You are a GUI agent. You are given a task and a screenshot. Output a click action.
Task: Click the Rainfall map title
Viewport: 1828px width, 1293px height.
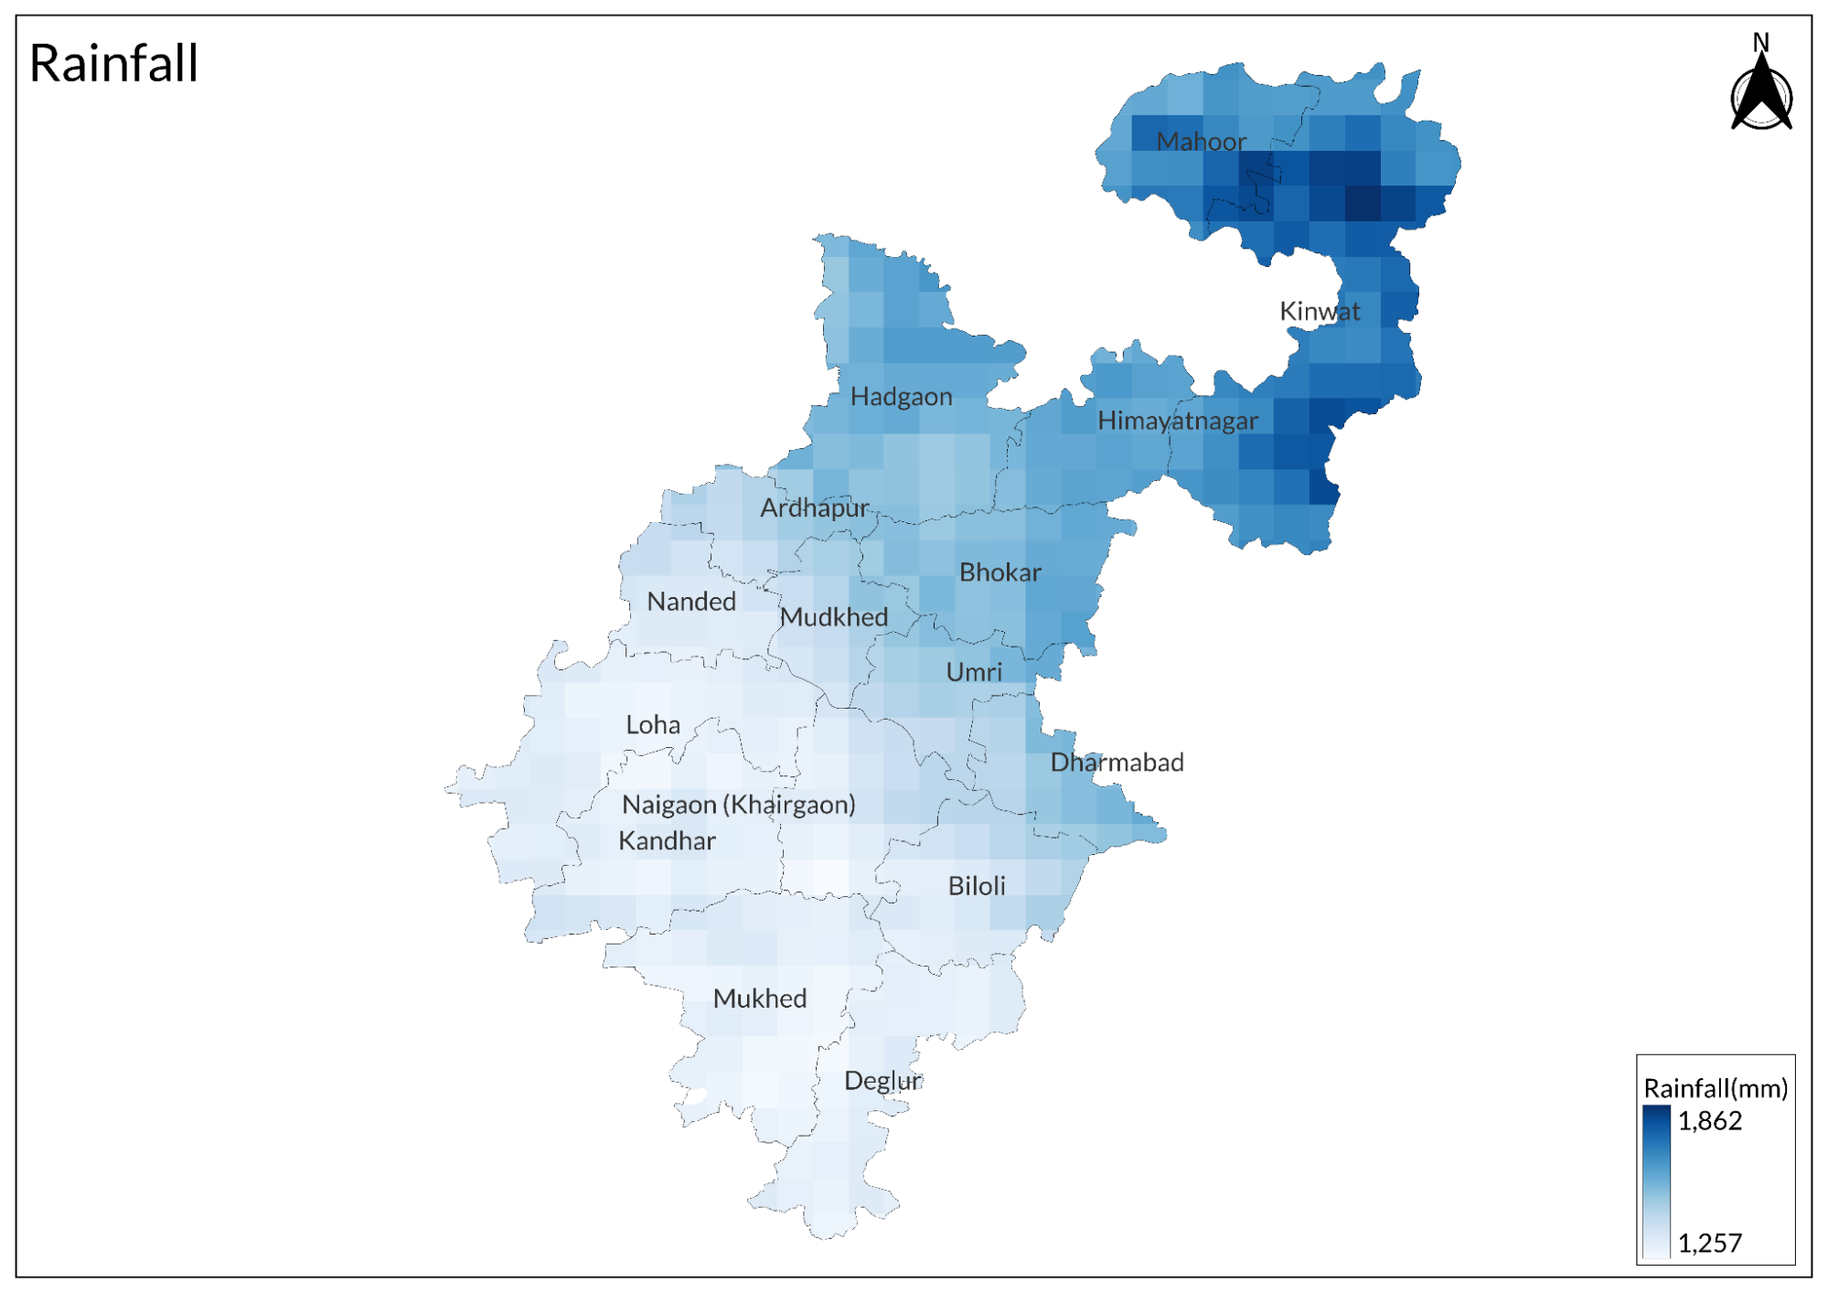pos(113,63)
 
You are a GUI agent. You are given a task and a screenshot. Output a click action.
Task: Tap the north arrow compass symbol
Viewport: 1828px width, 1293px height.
pos(1761,91)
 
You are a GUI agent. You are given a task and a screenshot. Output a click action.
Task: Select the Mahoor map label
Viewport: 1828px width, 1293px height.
pos(1201,142)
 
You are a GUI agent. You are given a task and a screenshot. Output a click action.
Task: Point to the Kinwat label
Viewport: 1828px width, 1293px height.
pos(1319,311)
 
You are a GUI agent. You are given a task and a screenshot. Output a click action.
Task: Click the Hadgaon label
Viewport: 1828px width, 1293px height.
pos(901,397)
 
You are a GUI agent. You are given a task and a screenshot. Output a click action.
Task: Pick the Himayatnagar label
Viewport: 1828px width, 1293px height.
pos(1177,421)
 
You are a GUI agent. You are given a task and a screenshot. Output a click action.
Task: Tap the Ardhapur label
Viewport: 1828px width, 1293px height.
pos(814,508)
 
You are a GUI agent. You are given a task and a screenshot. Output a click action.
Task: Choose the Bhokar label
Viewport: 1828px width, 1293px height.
pos(1000,572)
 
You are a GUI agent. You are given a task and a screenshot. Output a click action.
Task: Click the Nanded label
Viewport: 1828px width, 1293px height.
pos(690,602)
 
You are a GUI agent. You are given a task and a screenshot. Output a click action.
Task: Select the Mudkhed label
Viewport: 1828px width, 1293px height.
pos(833,617)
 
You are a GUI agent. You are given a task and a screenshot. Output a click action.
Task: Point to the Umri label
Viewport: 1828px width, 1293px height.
pos(973,672)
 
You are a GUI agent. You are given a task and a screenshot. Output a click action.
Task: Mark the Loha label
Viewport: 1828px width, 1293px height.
pos(652,725)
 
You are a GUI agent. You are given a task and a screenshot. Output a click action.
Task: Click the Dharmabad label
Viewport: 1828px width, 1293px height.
pos(1116,763)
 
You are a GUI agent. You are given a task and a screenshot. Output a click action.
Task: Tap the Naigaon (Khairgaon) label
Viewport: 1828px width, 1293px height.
pos(738,805)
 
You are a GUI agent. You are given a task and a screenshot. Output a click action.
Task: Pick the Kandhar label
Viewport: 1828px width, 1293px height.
pos(666,841)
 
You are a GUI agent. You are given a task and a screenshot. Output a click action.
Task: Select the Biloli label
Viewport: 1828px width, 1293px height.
pos(976,886)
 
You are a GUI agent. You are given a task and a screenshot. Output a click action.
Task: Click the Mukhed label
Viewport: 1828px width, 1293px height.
pos(759,999)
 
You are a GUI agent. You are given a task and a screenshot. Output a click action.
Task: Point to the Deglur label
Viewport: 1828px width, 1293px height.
pos(882,1081)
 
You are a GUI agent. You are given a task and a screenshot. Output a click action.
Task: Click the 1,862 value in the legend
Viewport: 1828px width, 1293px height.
pos(1709,1121)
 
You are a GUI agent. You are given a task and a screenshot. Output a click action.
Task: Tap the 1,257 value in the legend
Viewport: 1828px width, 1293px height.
pos(1709,1243)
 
